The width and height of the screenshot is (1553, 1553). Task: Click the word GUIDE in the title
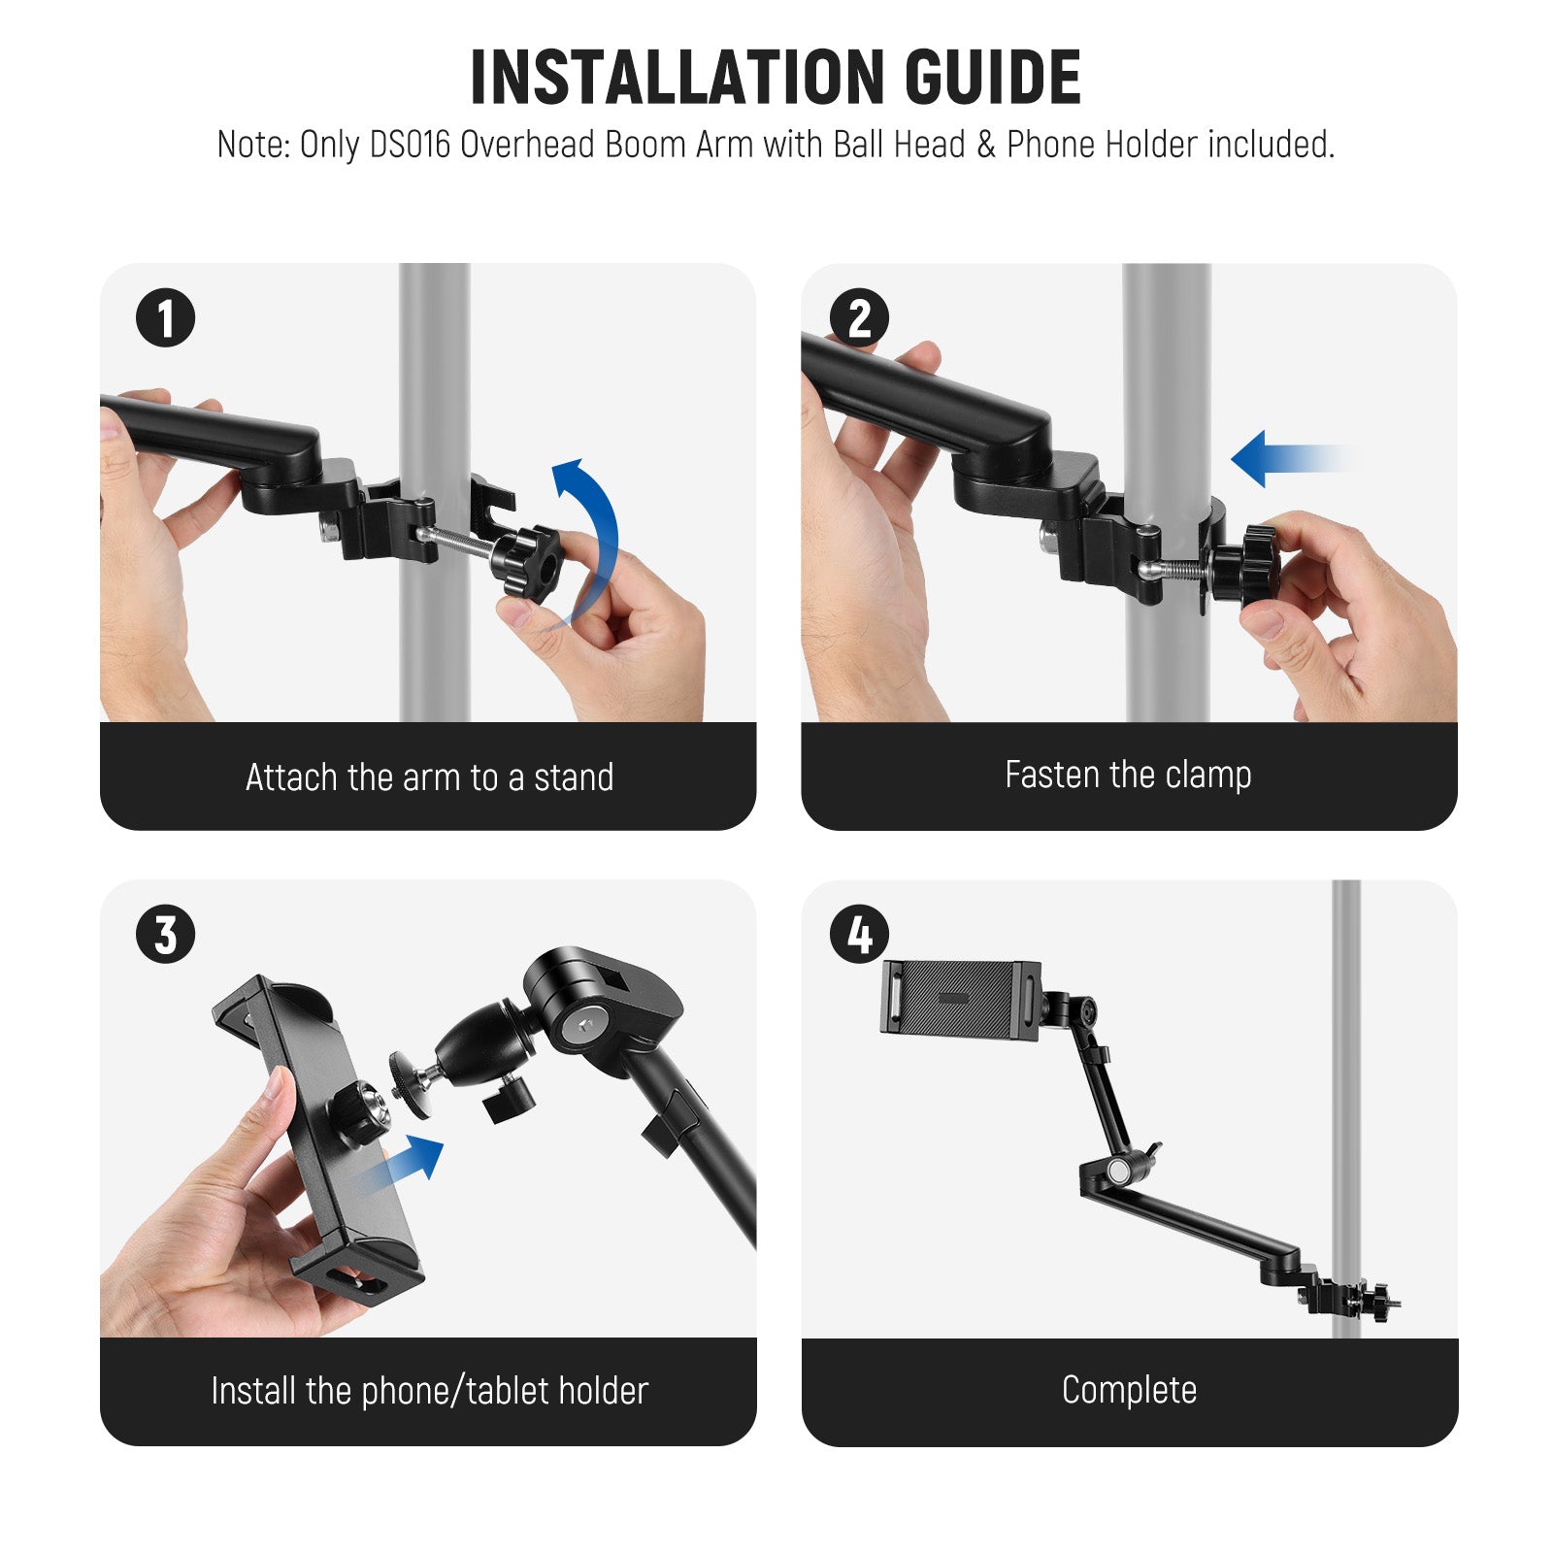[993, 77]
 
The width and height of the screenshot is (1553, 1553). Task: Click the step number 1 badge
[165, 318]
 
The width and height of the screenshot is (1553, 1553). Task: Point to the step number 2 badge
[859, 318]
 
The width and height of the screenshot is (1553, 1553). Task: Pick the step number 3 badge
[165, 935]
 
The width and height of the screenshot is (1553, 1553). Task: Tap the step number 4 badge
[859, 935]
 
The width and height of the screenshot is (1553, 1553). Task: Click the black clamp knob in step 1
[527, 564]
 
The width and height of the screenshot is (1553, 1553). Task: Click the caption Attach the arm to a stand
[429, 777]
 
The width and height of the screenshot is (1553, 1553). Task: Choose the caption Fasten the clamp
[1128, 776]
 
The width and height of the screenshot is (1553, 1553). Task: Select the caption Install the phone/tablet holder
[429, 1391]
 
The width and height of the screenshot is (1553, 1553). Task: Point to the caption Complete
[1129, 1390]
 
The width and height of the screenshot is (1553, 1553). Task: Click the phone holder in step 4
[960, 998]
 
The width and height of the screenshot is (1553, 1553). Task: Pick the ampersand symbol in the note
[986, 145]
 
